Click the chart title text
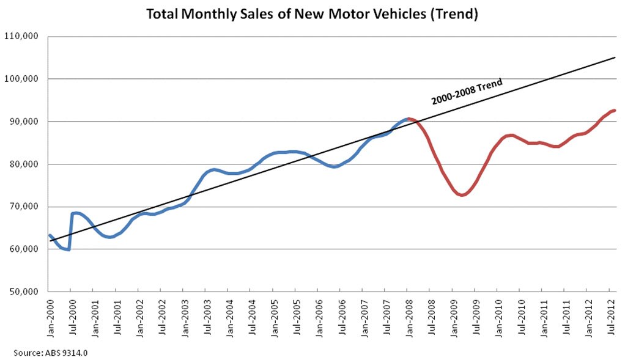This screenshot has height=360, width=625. [x=312, y=13]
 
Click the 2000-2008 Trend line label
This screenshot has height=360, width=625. [x=467, y=91]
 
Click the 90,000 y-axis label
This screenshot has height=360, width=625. [x=23, y=122]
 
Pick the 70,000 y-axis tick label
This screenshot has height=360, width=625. [x=23, y=207]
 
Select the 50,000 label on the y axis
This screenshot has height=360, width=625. [x=23, y=292]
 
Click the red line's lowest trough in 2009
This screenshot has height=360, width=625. [x=462, y=195]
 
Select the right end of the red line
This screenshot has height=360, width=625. [x=614, y=110]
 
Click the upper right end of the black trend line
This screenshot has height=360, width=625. [x=614, y=58]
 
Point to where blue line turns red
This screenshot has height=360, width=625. [x=409, y=119]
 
